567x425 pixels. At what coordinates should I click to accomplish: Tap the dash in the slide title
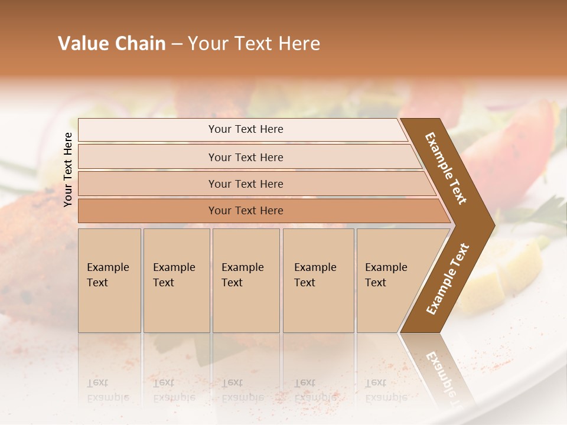177,44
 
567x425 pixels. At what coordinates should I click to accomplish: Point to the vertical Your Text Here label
68,169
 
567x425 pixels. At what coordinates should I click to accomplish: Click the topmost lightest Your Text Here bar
245,129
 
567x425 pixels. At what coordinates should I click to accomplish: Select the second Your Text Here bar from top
245,157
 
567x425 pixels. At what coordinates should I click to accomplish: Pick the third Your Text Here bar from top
245,184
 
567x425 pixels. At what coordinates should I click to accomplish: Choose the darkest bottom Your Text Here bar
245,211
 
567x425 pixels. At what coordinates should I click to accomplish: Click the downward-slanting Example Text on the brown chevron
446,168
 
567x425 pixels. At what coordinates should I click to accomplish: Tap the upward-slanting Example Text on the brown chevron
448,279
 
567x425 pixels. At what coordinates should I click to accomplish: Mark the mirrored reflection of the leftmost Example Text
108,391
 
